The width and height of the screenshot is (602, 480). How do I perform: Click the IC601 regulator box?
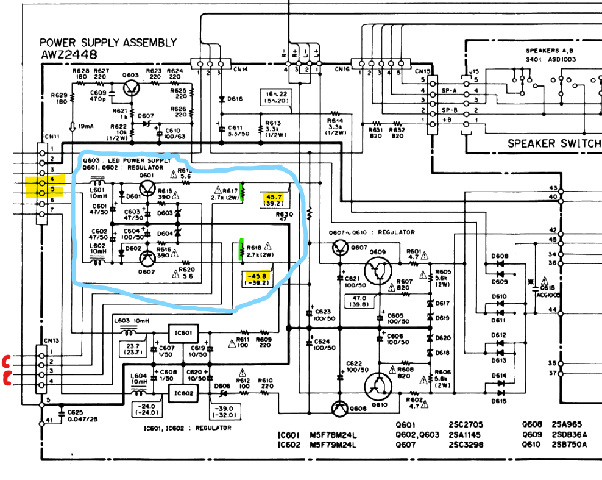186,333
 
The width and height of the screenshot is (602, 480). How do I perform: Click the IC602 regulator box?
186,392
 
